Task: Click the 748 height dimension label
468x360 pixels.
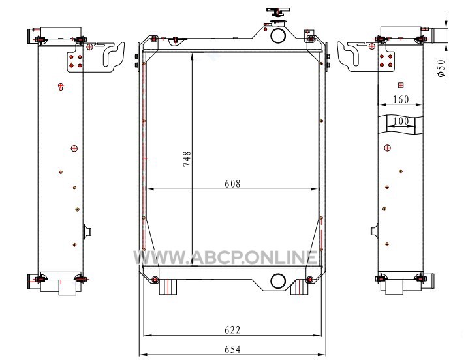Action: point(187,159)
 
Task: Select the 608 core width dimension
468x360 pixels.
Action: point(232,184)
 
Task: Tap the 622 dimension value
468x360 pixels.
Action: point(232,330)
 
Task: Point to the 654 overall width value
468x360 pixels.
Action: point(232,350)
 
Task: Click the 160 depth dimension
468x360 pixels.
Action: point(401,99)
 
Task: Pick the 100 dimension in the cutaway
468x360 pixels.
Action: point(401,121)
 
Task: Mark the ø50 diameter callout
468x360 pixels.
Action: point(441,69)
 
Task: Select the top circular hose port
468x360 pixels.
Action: point(278,35)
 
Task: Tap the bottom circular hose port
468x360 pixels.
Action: point(278,281)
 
